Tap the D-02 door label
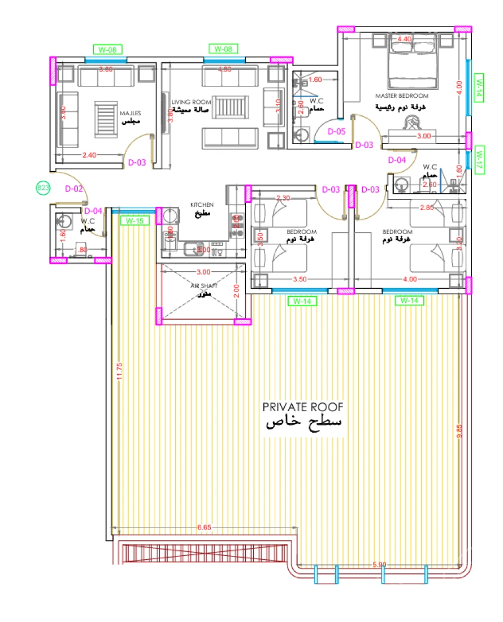[75, 189]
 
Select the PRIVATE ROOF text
[303, 407]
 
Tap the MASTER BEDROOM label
[402, 96]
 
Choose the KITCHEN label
[202, 205]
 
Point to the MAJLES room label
[129, 113]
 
